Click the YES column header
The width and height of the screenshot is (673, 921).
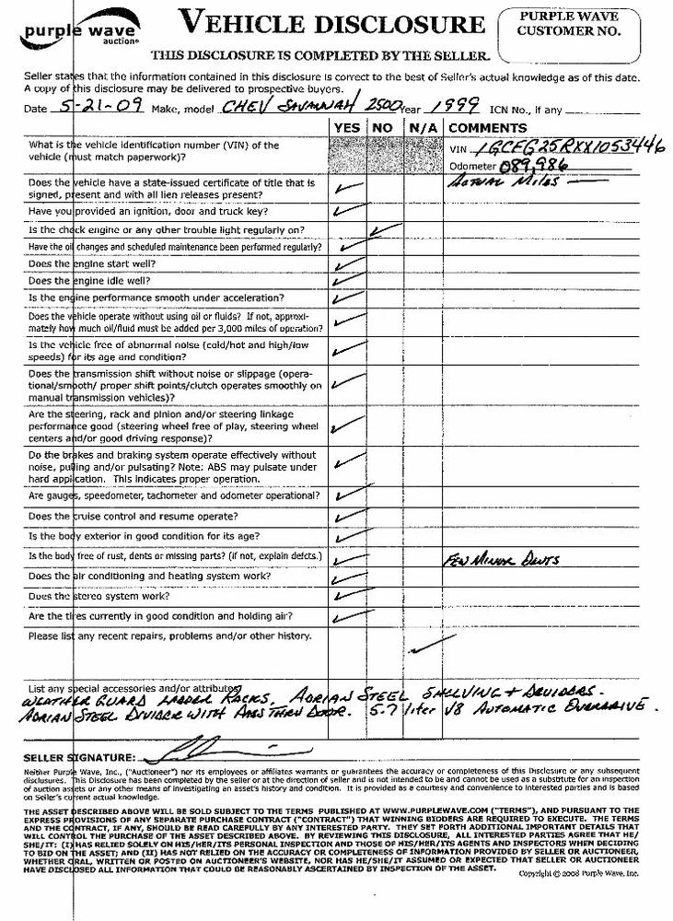click(347, 127)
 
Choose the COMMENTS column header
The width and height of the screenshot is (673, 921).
click(489, 127)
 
